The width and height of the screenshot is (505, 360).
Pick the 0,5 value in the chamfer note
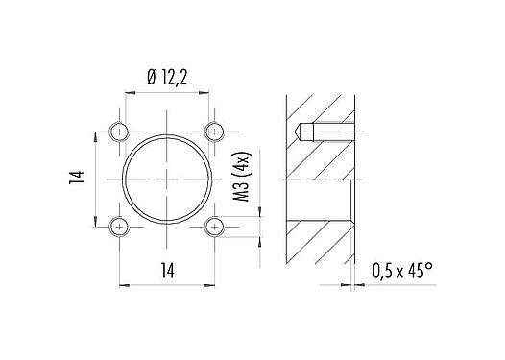[x=384, y=272]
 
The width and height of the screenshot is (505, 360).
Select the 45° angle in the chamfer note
[x=420, y=272]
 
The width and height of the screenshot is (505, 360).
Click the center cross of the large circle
[x=167, y=180]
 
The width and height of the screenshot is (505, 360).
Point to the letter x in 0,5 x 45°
[x=402, y=273]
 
